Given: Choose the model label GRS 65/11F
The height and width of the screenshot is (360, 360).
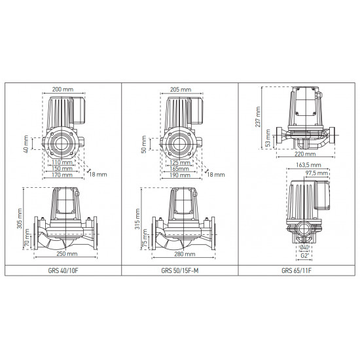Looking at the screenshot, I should click(x=296, y=269).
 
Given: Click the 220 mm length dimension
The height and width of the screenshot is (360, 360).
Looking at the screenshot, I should click(x=302, y=154).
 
